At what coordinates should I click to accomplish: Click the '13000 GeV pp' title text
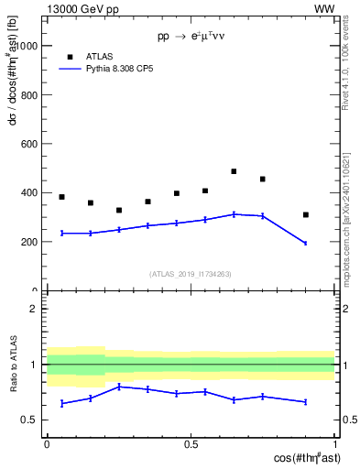tap(81, 8)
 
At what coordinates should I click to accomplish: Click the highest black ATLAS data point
tap(234, 171)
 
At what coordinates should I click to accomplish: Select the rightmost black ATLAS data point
tap(306, 215)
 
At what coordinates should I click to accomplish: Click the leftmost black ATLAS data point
tap(61, 197)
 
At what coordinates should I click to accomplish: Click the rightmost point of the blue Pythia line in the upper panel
tap(306, 243)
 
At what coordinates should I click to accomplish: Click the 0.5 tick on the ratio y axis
tap(32, 420)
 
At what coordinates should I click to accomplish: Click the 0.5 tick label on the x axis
tap(191, 444)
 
